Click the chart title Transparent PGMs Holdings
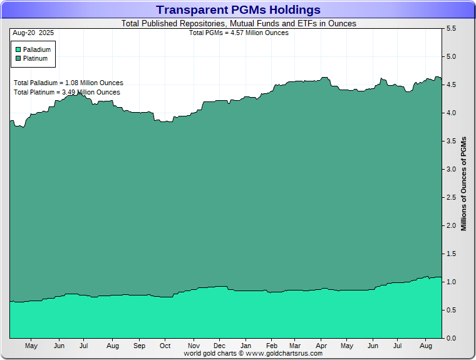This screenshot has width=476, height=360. pyautogui.click(x=238, y=10)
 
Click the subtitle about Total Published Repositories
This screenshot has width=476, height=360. pyautogui.click(x=238, y=24)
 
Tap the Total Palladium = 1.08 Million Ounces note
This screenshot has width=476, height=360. pyautogui.click(x=68, y=83)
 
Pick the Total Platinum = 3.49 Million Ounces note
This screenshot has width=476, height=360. pyautogui.click(x=67, y=92)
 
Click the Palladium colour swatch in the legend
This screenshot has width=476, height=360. pyautogui.click(x=18, y=49)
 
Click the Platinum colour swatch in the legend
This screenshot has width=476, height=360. pyautogui.click(x=18, y=58)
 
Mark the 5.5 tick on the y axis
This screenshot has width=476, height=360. pyautogui.click(x=450, y=29)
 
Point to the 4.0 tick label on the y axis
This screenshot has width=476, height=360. pyautogui.click(x=450, y=113)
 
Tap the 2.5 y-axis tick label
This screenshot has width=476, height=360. pyautogui.click(x=450, y=198)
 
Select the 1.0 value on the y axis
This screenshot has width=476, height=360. pyautogui.click(x=450, y=282)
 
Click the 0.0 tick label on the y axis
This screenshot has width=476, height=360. pyautogui.click(x=450, y=339)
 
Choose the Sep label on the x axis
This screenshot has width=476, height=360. pyautogui.click(x=139, y=346)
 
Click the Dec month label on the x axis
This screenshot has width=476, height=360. pyautogui.click(x=219, y=346)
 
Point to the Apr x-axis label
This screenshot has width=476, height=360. pyautogui.click(x=321, y=346)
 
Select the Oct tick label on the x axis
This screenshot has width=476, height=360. pyautogui.click(x=165, y=346)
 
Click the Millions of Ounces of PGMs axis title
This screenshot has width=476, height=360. pyautogui.click(x=464, y=184)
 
